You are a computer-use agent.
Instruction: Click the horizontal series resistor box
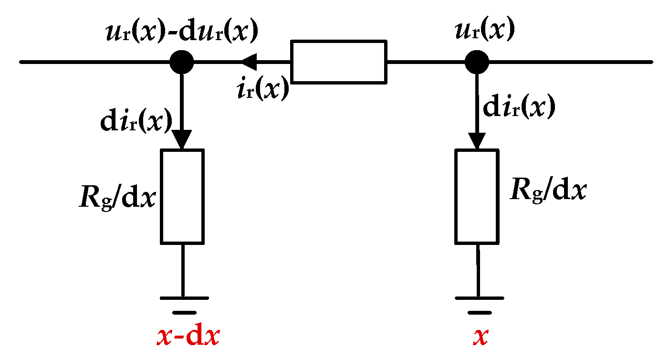coord(338,62)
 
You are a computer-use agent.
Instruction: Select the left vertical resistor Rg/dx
coord(182,196)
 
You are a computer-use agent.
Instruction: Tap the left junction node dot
coord(182,62)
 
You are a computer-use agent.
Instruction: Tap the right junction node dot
coord(477,62)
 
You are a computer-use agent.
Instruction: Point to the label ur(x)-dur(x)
coord(181,32)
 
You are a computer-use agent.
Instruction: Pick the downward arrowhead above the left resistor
coord(182,139)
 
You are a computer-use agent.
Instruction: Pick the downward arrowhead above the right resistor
coord(477,139)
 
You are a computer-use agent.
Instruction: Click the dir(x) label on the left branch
coord(136,123)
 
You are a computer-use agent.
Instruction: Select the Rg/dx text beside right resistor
coord(548,191)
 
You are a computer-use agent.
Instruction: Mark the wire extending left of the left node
coord(95,62)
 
